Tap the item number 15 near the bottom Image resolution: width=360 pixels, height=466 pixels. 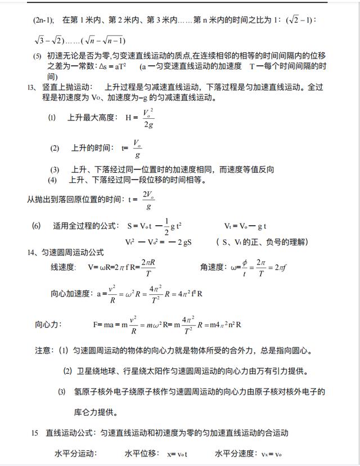tap(35, 433)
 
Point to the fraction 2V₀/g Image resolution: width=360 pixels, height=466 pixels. tap(148, 199)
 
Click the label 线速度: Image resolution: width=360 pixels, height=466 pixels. tap(63, 267)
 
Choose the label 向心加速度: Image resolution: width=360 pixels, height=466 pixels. tap(70, 293)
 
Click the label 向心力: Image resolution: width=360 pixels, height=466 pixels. tap(48, 324)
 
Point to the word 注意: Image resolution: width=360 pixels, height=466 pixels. tap(44, 350)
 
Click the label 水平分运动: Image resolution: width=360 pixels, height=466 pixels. tap(76, 454)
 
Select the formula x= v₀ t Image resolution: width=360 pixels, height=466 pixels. tap(177, 454)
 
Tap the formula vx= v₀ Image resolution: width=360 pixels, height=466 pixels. tap(272, 454)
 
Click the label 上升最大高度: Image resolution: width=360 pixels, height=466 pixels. tap(91, 118)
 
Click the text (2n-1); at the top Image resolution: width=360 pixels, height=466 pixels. tap(43, 20)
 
